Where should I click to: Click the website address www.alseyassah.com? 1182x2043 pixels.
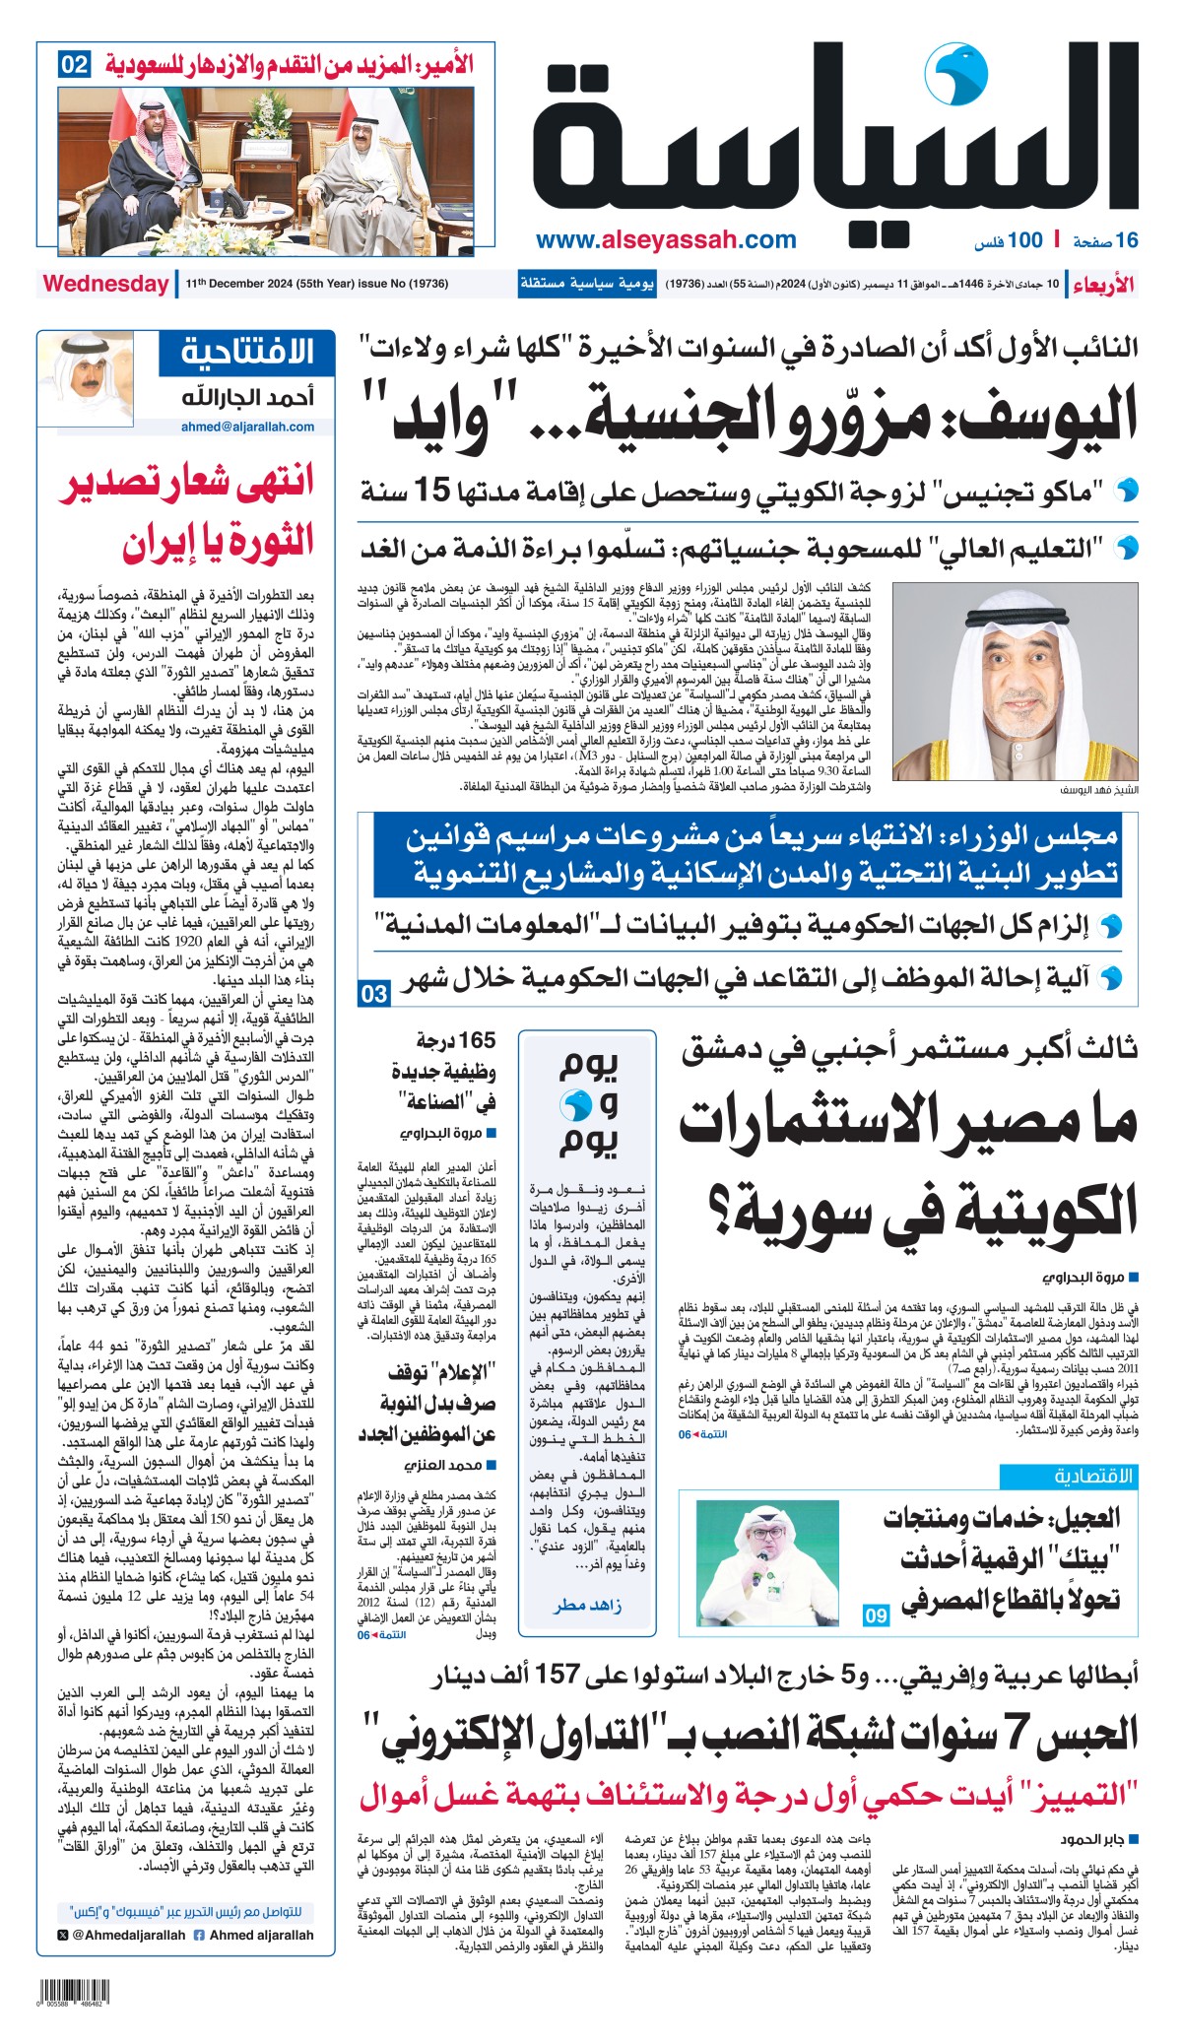[x=666, y=240]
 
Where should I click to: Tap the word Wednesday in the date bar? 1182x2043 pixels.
[x=105, y=284]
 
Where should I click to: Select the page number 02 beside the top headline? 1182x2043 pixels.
[x=74, y=66]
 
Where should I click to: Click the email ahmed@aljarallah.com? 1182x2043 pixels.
[x=247, y=428]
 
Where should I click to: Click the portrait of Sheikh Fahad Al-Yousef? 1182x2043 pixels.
[x=1016, y=686]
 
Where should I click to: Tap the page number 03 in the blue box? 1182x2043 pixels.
[x=373, y=994]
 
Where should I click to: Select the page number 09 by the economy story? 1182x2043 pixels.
[x=876, y=1615]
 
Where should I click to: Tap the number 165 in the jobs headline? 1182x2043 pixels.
[x=478, y=1040]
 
